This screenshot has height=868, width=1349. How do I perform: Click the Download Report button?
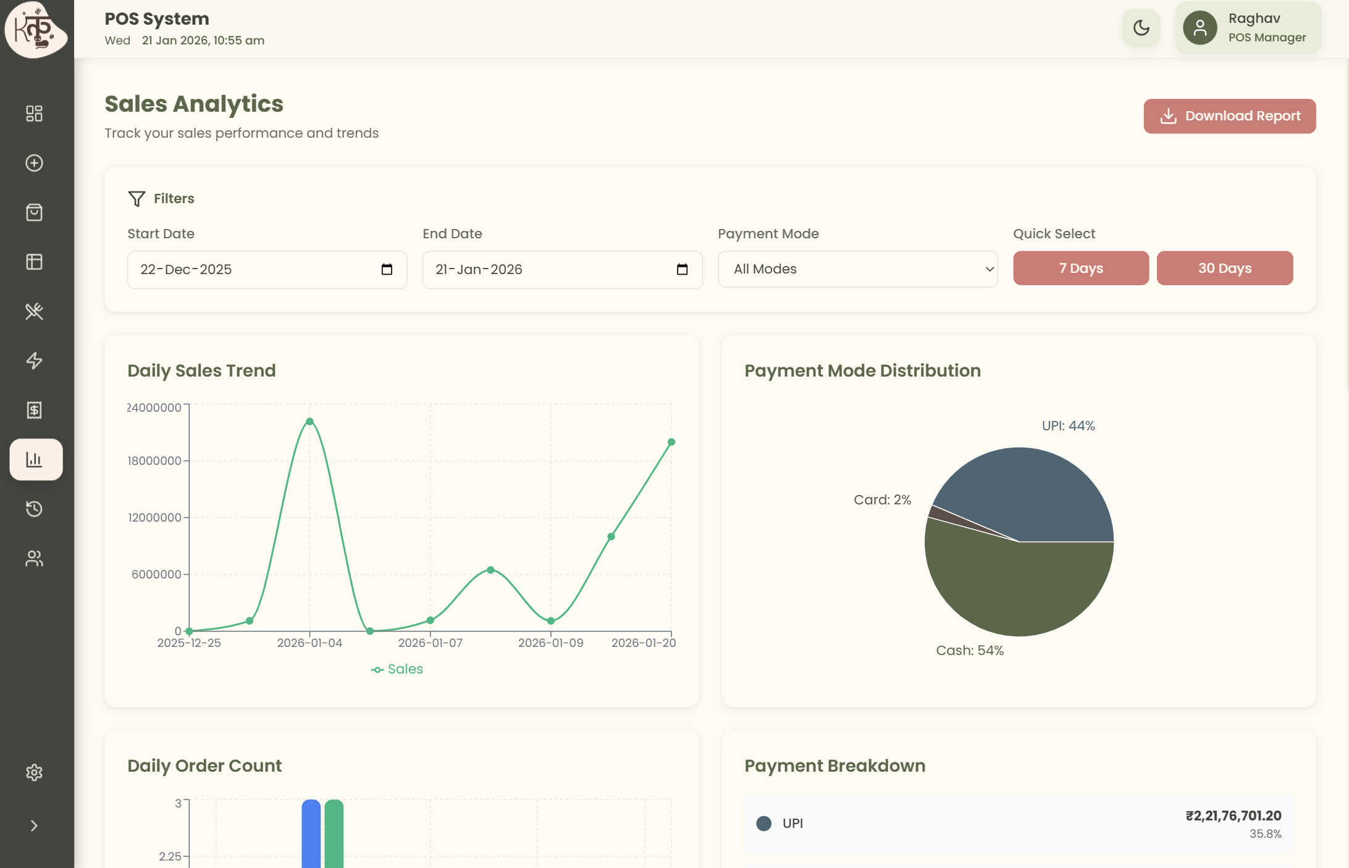(1229, 116)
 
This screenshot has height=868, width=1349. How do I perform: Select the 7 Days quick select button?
(1080, 268)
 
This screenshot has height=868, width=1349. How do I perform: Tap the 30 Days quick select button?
(1224, 268)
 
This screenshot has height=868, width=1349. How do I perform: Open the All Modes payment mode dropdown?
(857, 269)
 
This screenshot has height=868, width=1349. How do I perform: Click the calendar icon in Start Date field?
(387, 269)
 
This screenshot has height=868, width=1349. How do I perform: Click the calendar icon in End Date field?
(682, 269)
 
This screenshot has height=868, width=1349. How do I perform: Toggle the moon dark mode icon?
(1141, 28)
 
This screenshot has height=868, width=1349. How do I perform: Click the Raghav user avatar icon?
(1200, 28)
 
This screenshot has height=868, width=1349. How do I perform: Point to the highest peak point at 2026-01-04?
(309, 422)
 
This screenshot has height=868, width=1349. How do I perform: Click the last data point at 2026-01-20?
(671, 442)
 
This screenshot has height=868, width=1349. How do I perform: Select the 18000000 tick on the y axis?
(154, 461)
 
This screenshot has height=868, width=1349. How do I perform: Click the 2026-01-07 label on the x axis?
(430, 643)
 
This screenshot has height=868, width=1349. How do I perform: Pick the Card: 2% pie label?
(882, 499)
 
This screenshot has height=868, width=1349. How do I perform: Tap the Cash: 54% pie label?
(970, 650)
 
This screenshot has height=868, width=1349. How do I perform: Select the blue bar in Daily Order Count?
(311, 833)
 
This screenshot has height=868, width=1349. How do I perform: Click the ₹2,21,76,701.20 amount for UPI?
(1233, 816)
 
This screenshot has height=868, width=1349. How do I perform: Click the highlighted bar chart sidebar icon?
(35, 459)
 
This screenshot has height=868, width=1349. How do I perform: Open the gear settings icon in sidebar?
(35, 772)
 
